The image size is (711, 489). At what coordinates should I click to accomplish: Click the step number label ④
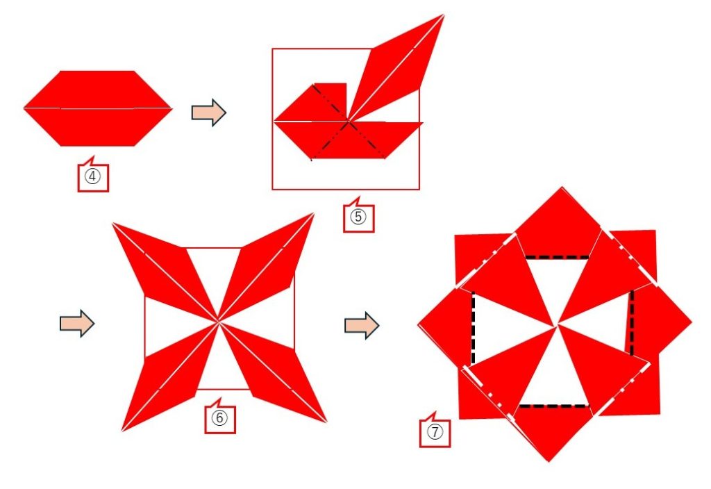[93, 176]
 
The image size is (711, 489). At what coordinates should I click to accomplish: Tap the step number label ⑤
[358, 217]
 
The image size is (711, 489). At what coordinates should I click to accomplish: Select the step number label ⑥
[219, 417]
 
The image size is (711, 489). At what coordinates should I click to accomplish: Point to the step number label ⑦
[435, 432]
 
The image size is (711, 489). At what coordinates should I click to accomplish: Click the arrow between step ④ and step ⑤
[208, 112]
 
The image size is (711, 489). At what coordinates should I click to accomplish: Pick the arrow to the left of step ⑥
[77, 324]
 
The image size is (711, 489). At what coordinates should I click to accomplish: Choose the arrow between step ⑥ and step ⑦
[362, 325]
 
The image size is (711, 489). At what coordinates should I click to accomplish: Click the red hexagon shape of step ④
[97, 108]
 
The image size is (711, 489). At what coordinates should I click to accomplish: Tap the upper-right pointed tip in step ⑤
[444, 15]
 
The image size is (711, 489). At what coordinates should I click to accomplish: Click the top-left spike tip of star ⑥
[112, 223]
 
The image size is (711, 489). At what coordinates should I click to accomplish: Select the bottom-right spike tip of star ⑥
[326, 422]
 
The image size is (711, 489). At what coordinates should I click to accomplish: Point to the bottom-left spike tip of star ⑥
[122, 431]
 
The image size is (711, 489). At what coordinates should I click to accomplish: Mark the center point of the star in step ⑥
[219, 321]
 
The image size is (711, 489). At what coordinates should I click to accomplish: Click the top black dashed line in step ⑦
[557, 258]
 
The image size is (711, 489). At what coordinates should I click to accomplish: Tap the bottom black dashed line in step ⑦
[553, 406]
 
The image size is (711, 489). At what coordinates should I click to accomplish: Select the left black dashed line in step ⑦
[473, 328]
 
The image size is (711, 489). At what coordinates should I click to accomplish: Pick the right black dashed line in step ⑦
[632, 322]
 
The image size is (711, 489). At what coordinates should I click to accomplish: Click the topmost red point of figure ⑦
[562, 188]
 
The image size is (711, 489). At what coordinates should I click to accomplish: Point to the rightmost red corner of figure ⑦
[691, 322]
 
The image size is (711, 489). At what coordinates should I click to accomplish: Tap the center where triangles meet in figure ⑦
[556, 325]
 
